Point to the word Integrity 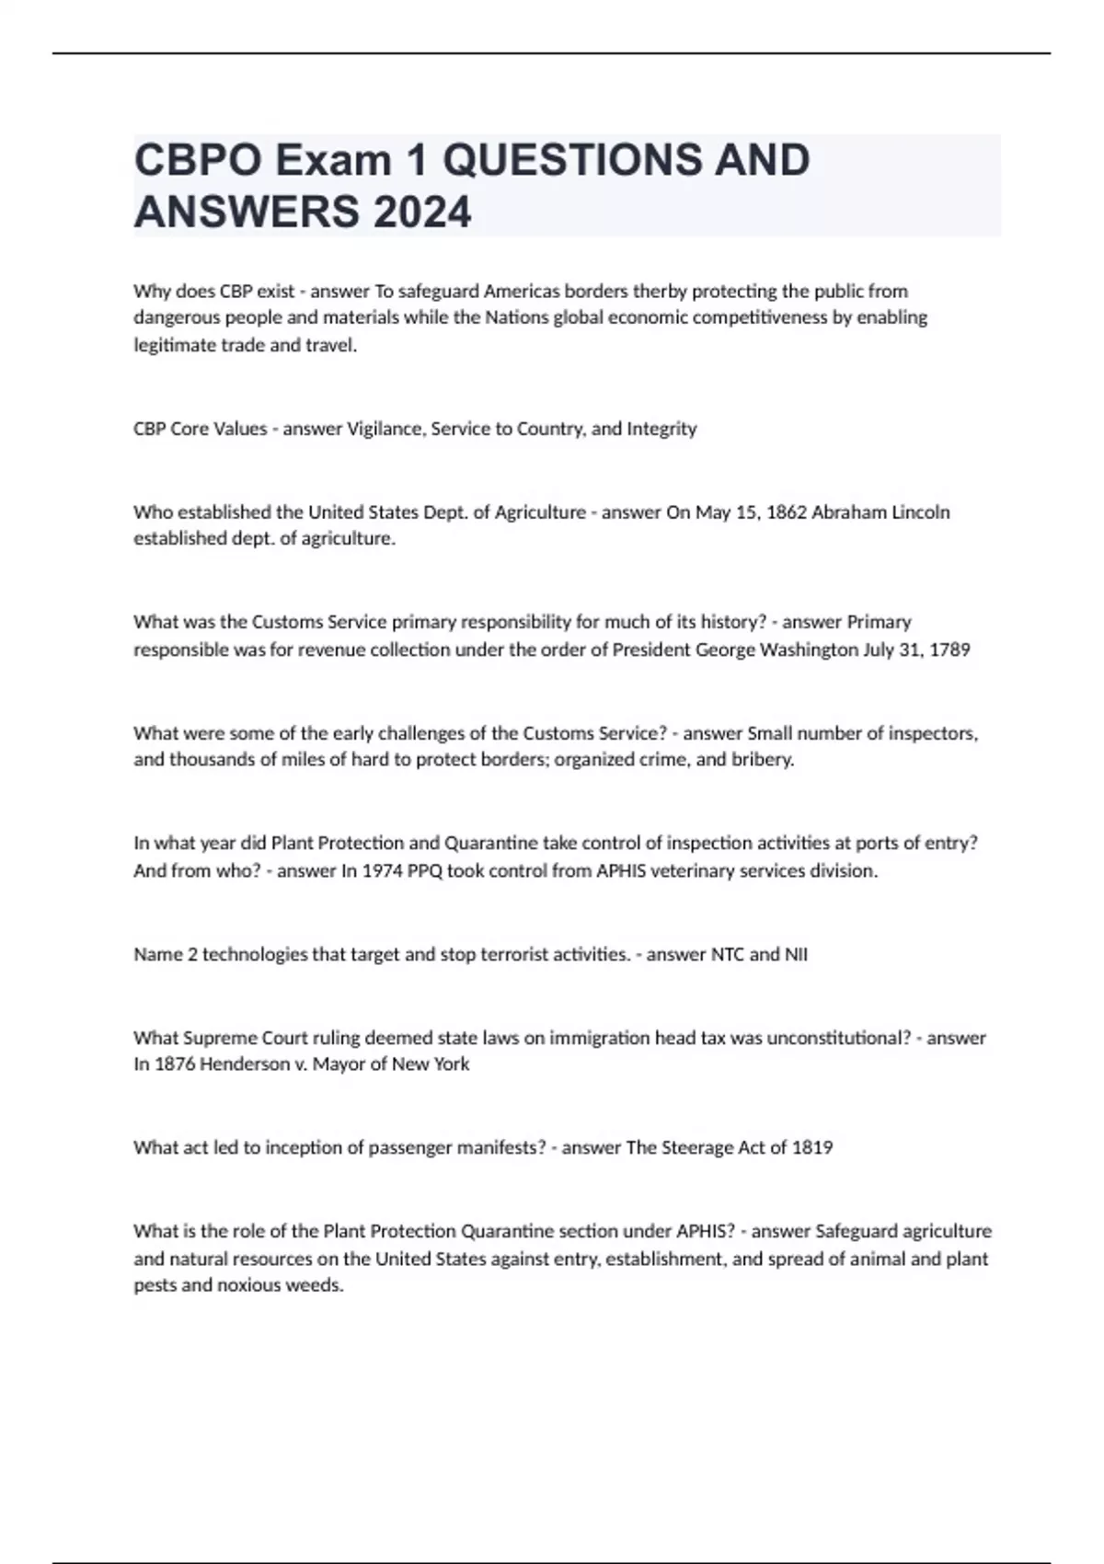[x=661, y=429]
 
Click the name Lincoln [x=921, y=512]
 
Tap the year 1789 [x=949, y=650]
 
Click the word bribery [x=761, y=760]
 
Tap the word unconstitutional [x=838, y=1038]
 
